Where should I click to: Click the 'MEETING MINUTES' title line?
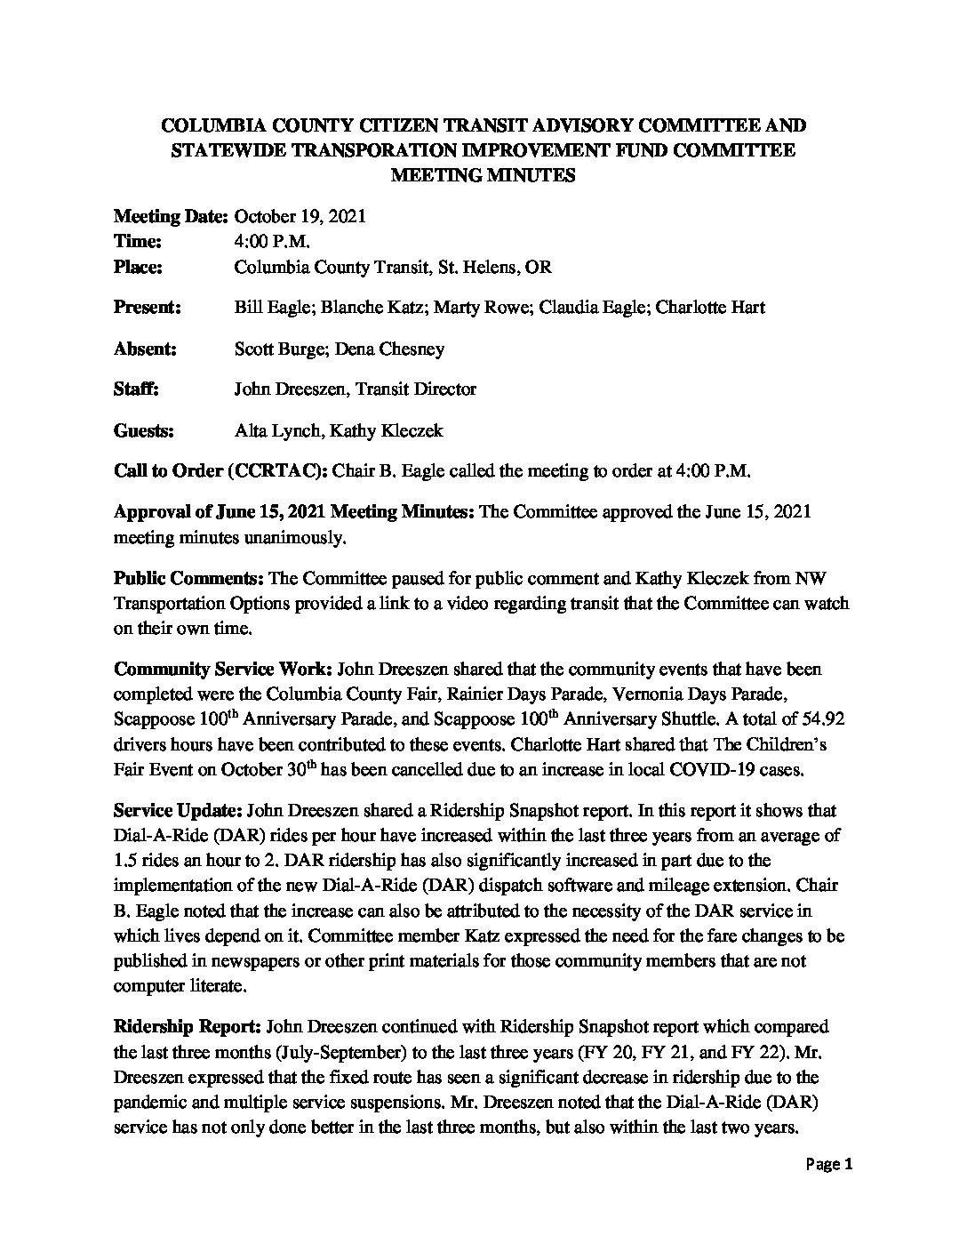tap(483, 175)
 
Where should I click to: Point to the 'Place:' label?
tap(139, 267)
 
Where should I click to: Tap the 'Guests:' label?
tap(143, 431)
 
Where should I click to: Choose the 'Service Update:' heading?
tap(178, 811)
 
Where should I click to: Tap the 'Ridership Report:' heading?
tap(188, 1026)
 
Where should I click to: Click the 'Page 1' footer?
tap(831, 1165)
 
